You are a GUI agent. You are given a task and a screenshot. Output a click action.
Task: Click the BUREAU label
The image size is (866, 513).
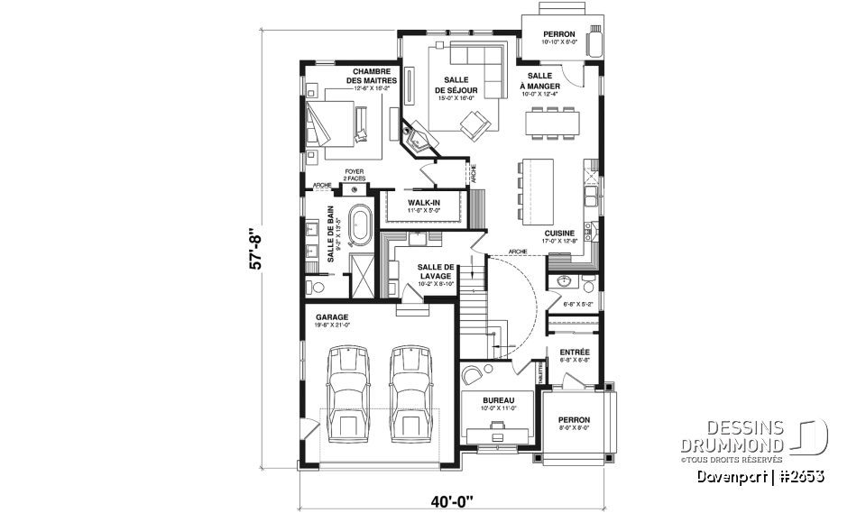(498, 399)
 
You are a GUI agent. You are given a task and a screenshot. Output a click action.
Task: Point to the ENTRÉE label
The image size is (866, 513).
(575, 352)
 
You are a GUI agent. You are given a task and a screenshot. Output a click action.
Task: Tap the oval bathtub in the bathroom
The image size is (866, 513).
(361, 224)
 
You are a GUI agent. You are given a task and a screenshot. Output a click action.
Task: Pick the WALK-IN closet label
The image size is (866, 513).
(423, 203)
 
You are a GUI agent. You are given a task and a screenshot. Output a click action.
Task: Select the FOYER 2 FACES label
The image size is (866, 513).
(354, 176)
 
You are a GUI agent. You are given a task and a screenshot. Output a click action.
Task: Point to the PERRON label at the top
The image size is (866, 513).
(558, 33)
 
